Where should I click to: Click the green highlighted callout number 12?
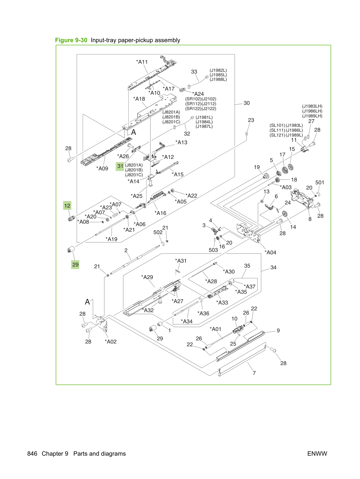coord(67,206)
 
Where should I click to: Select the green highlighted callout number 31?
coord(120,166)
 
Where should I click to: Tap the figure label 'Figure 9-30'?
coord(71,40)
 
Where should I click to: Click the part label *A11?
coord(142,62)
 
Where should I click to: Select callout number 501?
coord(320,183)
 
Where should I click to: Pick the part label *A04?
coord(270,253)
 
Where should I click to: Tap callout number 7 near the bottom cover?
coord(254,373)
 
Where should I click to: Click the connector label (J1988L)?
coord(218,79)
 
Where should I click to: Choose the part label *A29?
coord(147,277)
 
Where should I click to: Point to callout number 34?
coord(273,268)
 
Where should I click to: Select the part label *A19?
coord(112,239)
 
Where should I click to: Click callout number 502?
coord(158,232)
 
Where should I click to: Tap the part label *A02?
coord(110,341)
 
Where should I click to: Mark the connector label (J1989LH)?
coord(312,116)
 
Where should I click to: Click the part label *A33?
coord(222,302)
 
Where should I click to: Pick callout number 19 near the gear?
coord(257,167)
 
